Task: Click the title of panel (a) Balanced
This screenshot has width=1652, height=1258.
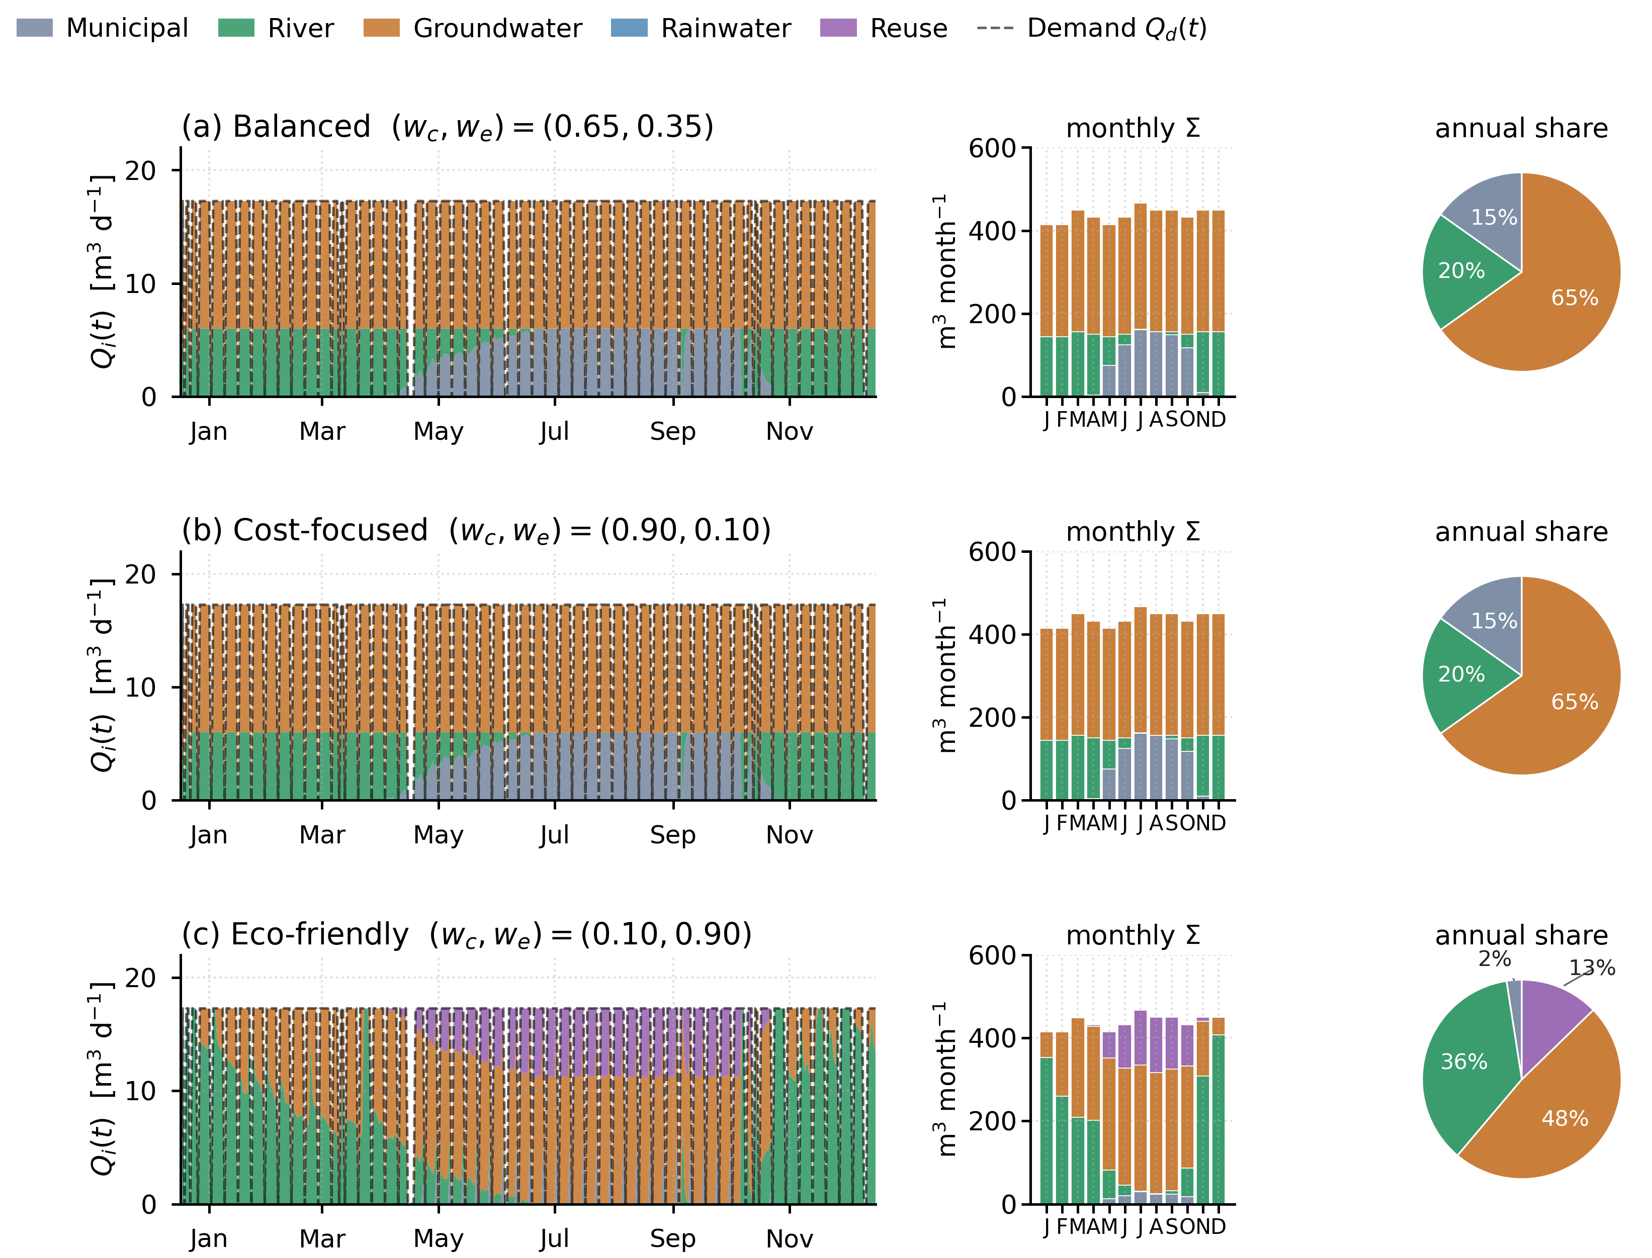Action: coord(447,127)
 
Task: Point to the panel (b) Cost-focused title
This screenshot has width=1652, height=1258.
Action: coord(477,530)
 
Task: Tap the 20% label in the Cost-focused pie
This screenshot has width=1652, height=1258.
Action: coord(1461,674)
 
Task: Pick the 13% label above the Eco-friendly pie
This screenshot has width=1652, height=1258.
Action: coord(1592,967)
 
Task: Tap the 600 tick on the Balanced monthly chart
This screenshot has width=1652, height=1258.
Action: coord(992,148)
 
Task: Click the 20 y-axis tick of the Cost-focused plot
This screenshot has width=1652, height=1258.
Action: coord(141,574)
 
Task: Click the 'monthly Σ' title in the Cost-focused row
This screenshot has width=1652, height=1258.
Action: coord(1133,532)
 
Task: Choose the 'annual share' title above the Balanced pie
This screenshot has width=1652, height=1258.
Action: coord(1521,128)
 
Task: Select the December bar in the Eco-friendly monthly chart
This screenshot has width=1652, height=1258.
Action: coord(1218,1110)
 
